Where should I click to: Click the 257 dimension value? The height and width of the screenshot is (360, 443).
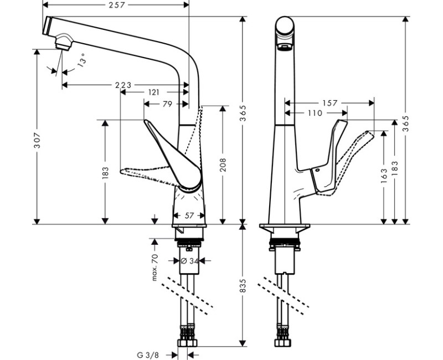click(x=116, y=5)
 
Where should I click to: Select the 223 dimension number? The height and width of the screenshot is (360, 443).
click(x=123, y=85)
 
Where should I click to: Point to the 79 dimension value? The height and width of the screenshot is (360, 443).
click(x=166, y=104)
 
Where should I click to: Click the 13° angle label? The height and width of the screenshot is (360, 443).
click(x=81, y=60)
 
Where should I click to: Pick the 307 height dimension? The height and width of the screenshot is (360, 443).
click(x=37, y=137)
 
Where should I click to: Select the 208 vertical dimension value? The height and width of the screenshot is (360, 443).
click(x=223, y=164)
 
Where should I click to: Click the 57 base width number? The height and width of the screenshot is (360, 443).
click(x=189, y=216)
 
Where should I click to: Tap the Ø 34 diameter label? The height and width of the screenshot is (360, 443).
click(x=190, y=260)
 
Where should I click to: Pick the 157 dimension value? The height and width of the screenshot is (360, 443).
click(x=329, y=104)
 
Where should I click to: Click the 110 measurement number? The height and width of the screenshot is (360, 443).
click(x=314, y=113)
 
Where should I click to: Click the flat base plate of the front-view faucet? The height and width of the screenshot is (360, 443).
click(x=285, y=228)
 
